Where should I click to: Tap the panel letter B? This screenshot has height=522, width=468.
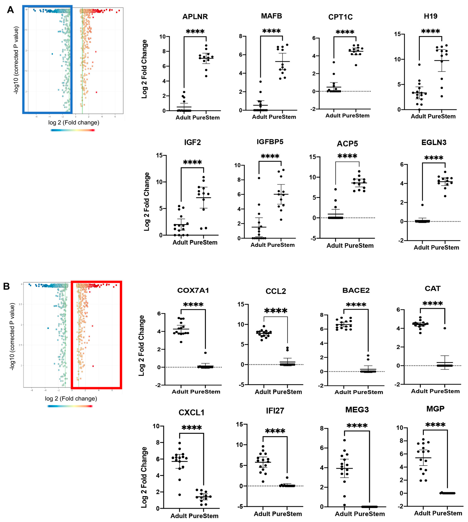(x=6, y=286)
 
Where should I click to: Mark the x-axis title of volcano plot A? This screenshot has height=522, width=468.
(x=74, y=123)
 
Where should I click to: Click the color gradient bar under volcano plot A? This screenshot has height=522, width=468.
(x=73, y=130)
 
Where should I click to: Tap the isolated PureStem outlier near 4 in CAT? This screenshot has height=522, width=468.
(x=445, y=328)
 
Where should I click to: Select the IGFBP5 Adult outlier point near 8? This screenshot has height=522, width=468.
(x=259, y=178)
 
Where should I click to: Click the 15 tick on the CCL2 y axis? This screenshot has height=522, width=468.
(x=241, y=304)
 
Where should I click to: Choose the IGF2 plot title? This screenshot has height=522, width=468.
(x=192, y=142)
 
